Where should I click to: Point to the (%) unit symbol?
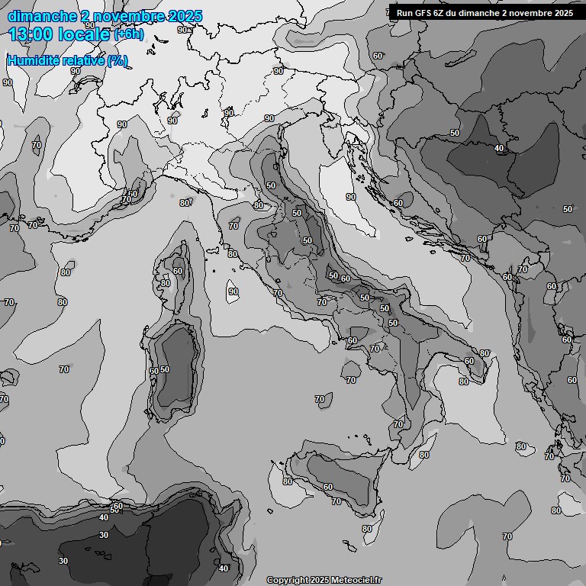click(x=118, y=61)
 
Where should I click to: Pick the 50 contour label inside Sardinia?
click(x=165, y=369)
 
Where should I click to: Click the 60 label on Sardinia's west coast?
click(x=154, y=371)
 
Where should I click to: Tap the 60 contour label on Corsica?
click(x=178, y=271)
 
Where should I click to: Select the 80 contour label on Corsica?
click(x=166, y=283)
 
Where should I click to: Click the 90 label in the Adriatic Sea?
click(x=351, y=197)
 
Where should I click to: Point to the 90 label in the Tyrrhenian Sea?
click(x=233, y=291)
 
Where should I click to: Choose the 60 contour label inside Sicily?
click(x=328, y=487)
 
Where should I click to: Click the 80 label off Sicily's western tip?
click(x=287, y=481)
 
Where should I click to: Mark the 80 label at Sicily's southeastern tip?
click(x=367, y=529)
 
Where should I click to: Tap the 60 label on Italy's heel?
click(x=469, y=361)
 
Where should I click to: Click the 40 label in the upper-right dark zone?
click(x=499, y=148)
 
